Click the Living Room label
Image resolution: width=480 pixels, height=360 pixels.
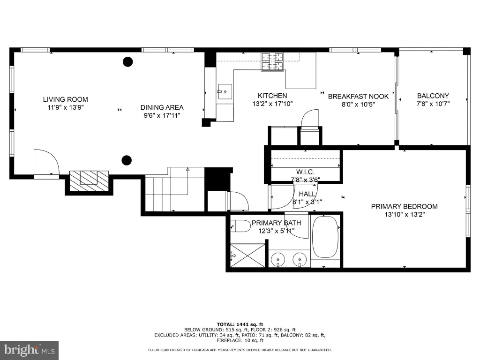(66, 99)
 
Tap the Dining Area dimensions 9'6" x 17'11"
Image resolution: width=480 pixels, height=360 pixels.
(162, 115)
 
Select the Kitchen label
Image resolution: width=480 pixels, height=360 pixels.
(272, 96)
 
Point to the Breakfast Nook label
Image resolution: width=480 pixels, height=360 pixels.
(358, 96)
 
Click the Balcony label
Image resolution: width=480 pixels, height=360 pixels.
(433, 96)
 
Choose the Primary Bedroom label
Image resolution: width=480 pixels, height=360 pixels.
(404, 206)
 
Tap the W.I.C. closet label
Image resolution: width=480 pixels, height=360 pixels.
(305, 172)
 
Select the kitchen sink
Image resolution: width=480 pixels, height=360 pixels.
(225, 91)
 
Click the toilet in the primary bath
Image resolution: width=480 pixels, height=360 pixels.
(241, 226)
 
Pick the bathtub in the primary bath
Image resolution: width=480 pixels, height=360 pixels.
(325, 237)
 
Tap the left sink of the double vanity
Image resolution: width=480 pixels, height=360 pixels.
(278, 260)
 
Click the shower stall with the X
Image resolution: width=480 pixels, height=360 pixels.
(247, 255)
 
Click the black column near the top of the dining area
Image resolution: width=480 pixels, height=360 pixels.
(127, 62)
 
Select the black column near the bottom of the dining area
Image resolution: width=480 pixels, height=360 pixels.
(127, 160)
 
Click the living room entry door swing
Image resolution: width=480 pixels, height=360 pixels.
(46, 163)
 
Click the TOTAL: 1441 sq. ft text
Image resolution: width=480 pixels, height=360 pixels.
(240, 324)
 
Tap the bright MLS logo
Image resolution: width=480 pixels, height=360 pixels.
(30, 350)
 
